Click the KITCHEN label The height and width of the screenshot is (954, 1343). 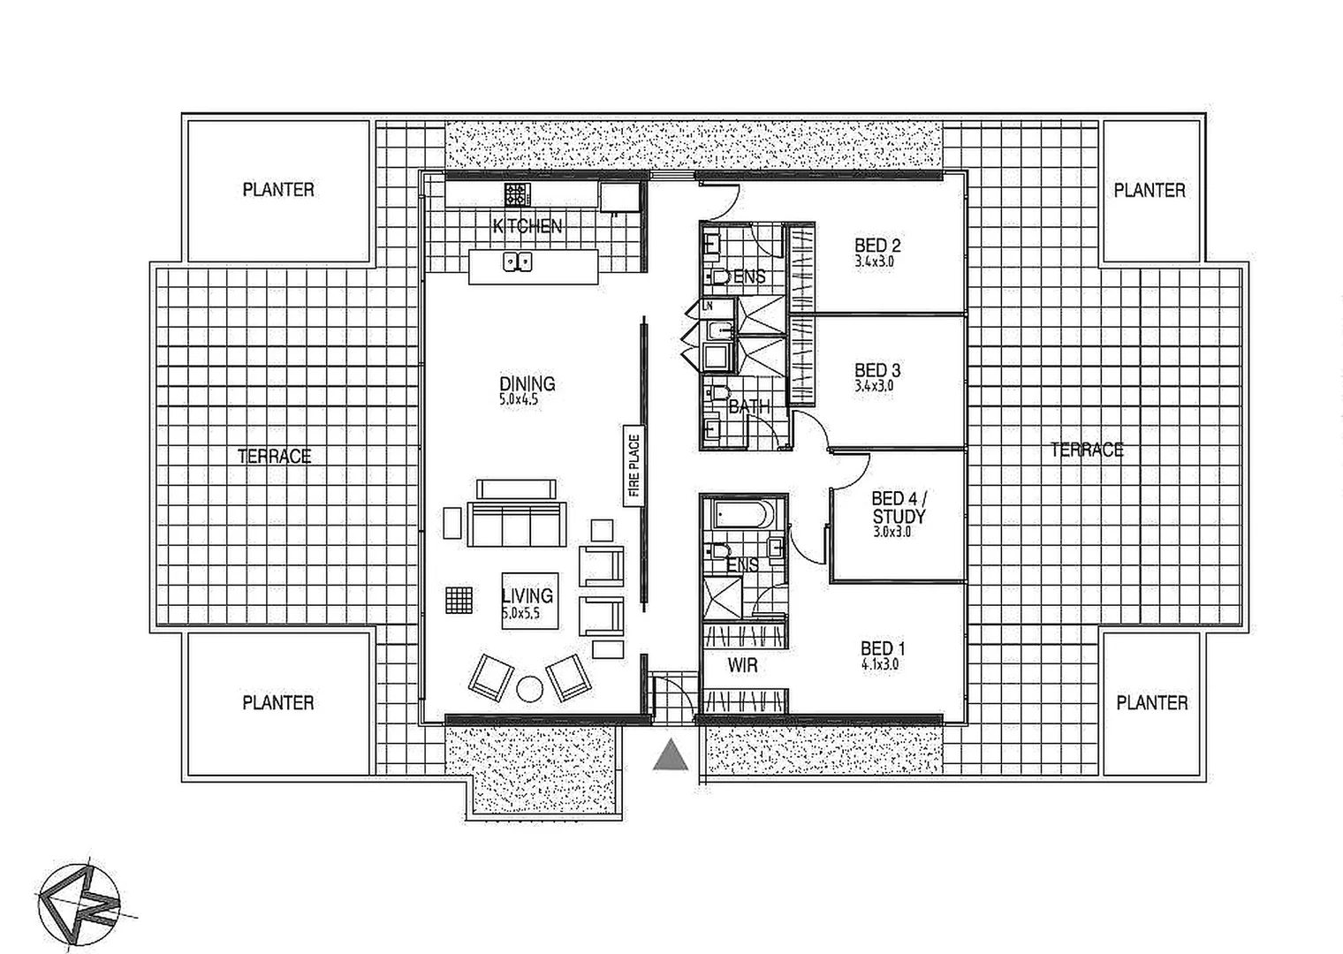coord(527,226)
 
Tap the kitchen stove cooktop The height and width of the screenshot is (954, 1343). coord(516,194)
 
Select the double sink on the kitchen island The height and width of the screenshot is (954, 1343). coord(518,261)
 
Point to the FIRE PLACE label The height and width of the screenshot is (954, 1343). coord(634,466)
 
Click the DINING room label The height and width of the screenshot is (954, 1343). coord(527,384)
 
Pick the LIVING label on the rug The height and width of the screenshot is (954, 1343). coord(527,596)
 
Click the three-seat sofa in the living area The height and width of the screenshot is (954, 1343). coord(516,526)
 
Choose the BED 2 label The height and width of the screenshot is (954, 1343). coord(877,246)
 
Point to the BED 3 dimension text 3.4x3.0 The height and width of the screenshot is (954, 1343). coord(875,386)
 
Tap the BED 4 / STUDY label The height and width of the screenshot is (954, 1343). coord(899,507)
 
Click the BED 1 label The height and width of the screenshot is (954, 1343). coord(883,648)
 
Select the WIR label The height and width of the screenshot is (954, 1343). coord(743,666)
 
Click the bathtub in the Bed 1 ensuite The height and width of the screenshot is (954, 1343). coord(743,514)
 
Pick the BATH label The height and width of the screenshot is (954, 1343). coord(749,407)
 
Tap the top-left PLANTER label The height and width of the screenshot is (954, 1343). coord(278,190)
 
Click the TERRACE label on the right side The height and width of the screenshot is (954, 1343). coord(1087,450)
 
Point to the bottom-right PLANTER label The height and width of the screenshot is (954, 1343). coord(1152,703)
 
